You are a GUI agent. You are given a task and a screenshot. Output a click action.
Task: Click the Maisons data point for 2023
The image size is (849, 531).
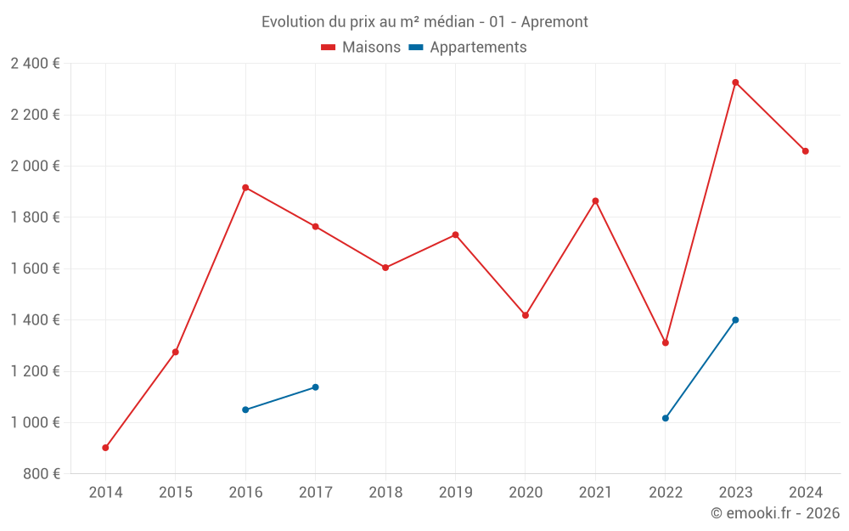(735, 82)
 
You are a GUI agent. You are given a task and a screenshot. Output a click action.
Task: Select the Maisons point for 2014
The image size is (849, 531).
(105, 448)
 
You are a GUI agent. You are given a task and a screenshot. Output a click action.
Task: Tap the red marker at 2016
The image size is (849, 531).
(245, 188)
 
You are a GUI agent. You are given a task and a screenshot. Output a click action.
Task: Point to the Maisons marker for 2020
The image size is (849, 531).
(526, 315)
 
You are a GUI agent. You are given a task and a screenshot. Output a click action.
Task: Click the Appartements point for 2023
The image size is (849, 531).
(735, 320)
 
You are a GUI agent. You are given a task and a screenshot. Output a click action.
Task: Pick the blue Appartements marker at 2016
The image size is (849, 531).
(245, 410)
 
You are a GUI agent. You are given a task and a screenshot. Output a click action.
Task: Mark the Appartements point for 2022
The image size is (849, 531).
(666, 418)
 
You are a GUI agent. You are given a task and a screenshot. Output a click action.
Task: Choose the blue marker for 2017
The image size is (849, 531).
(316, 387)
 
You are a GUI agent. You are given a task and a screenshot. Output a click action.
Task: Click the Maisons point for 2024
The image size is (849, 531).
(806, 151)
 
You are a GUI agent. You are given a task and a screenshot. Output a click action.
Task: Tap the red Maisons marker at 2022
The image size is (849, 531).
(666, 342)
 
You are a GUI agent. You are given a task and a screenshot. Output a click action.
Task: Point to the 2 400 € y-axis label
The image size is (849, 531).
(35, 64)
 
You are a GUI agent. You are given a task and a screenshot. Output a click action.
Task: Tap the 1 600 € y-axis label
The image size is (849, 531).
(35, 268)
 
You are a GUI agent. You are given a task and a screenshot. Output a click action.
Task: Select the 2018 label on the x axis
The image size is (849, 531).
(385, 493)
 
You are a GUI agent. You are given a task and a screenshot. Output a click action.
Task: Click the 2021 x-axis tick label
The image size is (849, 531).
(595, 493)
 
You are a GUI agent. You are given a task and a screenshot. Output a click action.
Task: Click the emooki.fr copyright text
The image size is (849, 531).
(774, 513)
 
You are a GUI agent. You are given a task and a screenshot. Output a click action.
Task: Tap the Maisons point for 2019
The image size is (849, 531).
(456, 235)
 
